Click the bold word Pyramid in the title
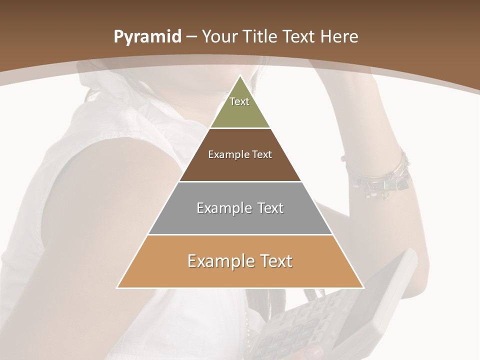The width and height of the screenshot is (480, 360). pyautogui.click(x=147, y=37)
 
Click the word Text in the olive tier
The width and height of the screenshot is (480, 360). pyautogui.click(x=239, y=101)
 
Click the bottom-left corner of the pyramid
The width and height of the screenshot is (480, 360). pyautogui.click(x=117, y=287)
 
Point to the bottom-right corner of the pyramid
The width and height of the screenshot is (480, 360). pyautogui.click(x=363, y=287)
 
